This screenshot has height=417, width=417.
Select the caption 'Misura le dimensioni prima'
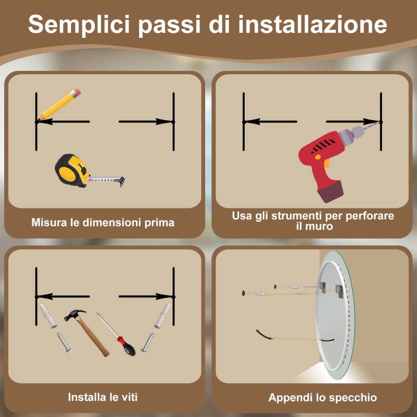tap(103, 223)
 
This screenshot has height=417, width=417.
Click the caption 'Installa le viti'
tap(103, 397)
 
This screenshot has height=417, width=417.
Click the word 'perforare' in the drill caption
tap(369, 216)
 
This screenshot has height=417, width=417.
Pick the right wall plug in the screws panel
tap(162, 316)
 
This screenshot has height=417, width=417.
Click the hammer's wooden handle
tap(94, 338)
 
